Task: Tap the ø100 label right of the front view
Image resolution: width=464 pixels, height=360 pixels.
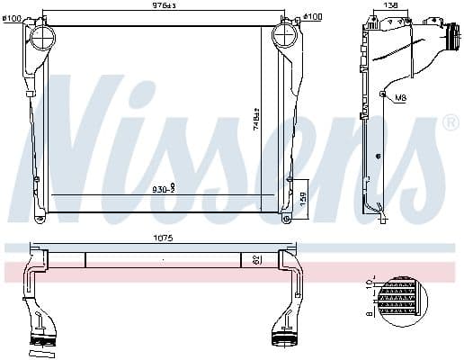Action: coord(312,17)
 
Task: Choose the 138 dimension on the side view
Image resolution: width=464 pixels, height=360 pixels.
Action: coord(391,5)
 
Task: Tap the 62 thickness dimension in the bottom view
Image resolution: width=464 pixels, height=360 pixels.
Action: coord(257,259)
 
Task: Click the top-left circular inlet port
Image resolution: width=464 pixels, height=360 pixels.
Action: coord(42,37)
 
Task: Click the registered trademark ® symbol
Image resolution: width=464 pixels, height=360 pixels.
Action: coord(449,122)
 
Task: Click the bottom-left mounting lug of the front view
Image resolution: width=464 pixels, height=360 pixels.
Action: coord(40,218)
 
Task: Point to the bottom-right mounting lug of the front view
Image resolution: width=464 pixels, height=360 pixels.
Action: coord(286,217)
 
